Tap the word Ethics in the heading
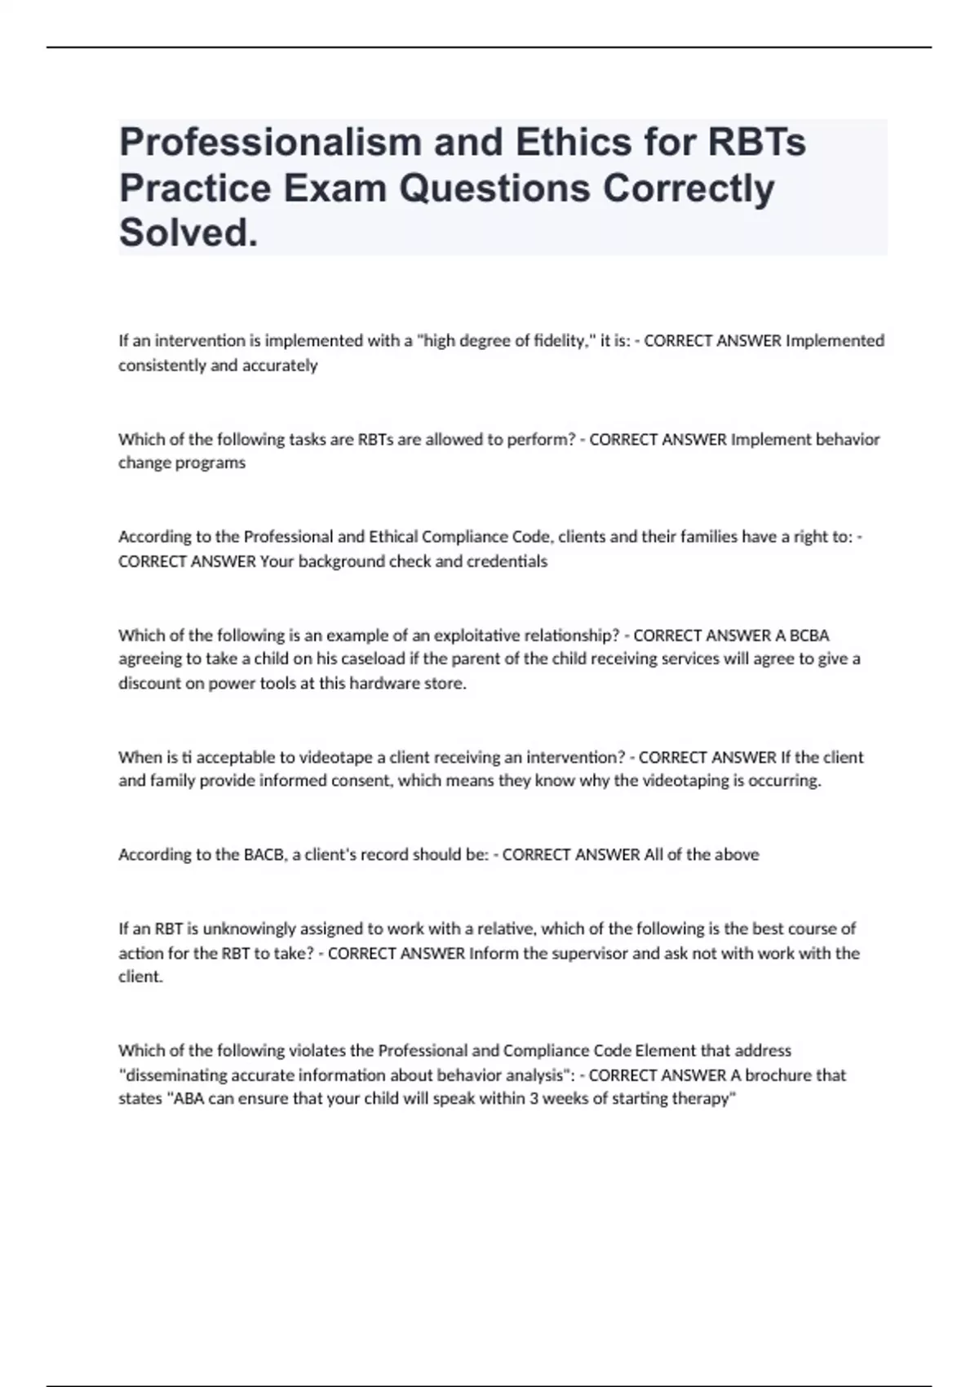551,143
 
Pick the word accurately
277,366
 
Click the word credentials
507,561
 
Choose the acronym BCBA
809,636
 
